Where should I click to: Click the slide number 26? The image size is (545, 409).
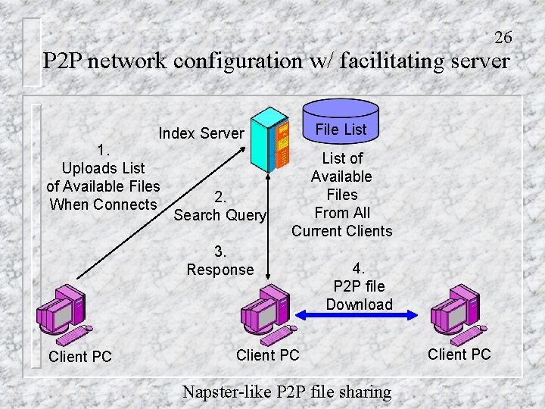(x=503, y=37)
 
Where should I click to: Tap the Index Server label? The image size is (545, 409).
(x=201, y=133)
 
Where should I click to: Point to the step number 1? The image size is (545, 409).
(x=103, y=148)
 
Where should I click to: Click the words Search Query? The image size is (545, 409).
(x=220, y=215)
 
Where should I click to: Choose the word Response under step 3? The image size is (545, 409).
(x=220, y=270)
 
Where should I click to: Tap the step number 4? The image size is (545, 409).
(x=359, y=268)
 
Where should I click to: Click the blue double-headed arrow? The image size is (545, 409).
(x=356, y=313)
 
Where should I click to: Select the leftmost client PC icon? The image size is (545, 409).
(x=64, y=311)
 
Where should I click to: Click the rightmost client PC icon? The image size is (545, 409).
(x=459, y=311)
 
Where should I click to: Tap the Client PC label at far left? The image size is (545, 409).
(x=79, y=357)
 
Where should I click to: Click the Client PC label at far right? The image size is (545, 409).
(x=459, y=354)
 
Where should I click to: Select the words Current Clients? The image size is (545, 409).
(x=342, y=231)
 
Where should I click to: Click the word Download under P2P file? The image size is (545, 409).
(x=360, y=304)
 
